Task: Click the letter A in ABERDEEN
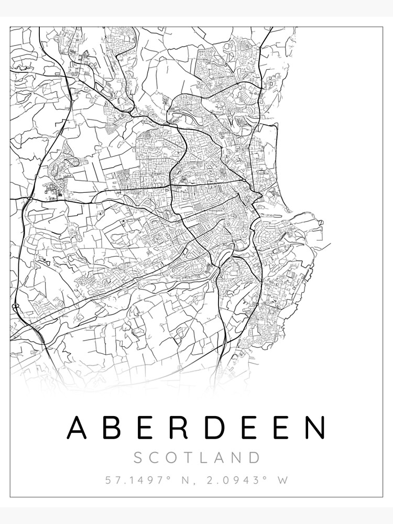tap(77, 428)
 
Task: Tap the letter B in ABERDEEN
tap(112, 428)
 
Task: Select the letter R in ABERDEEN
tap(179, 428)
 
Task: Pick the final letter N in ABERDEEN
tap(315, 428)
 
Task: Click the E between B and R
tap(146, 428)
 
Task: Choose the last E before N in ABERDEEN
tap(281, 428)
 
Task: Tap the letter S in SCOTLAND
tap(138, 457)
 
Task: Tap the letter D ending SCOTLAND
tap(254, 457)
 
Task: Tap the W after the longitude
tap(282, 480)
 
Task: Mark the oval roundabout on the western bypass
tap(15, 305)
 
